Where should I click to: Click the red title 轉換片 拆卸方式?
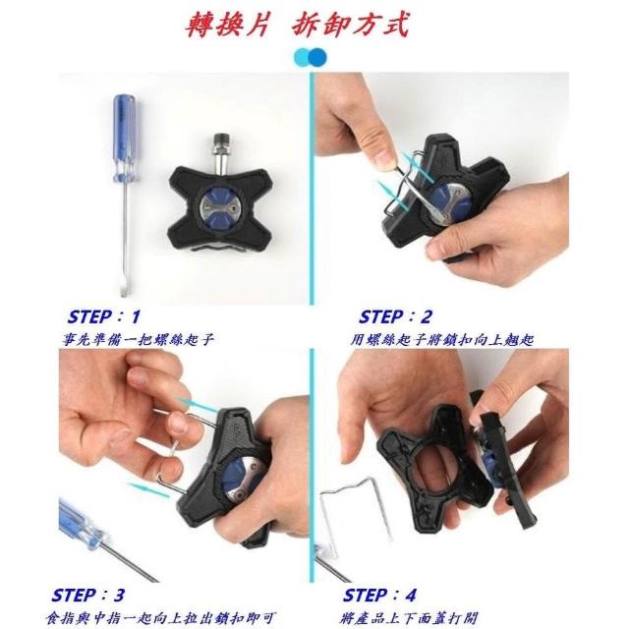pyautogui.click(x=297, y=25)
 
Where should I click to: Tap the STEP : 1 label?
pyautogui.click(x=103, y=316)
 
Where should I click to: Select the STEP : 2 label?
pyautogui.click(x=395, y=316)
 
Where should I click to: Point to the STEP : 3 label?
pyautogui.click(x=87, y=595)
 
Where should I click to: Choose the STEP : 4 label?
pyautogui.click(x=379, y=595)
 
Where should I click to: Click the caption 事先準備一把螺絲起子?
pyautogui.click(x=138, y=340)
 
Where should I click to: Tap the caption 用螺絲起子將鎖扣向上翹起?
pyautogui.click(x=442, y=340)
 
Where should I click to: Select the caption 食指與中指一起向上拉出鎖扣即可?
pyautogui.click(x=160, y=618)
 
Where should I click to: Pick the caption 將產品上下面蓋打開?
pyautogui.click(x=410, y=618)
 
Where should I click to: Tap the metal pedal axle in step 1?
pyautogui.click(x=220, y=155)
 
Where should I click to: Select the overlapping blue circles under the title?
pyautogui.click(x=311, y=57)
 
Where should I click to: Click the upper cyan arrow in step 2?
pyautogui.click(x=417, y=166)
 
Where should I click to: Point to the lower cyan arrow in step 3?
pyautogui.click(x=149, y=490)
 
